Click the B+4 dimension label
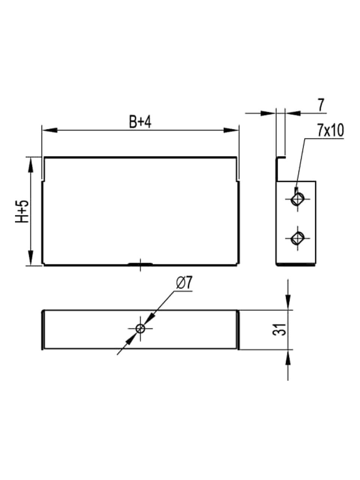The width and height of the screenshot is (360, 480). click(140, 122)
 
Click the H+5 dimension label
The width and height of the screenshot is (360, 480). click(22, 211)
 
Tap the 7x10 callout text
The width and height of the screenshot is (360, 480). click(331, 130)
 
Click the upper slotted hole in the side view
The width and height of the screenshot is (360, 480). click(297, 199)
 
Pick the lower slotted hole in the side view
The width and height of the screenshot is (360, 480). click(297, 238)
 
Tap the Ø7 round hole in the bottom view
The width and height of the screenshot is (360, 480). click(140, 328)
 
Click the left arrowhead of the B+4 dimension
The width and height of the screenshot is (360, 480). click(49, 130)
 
